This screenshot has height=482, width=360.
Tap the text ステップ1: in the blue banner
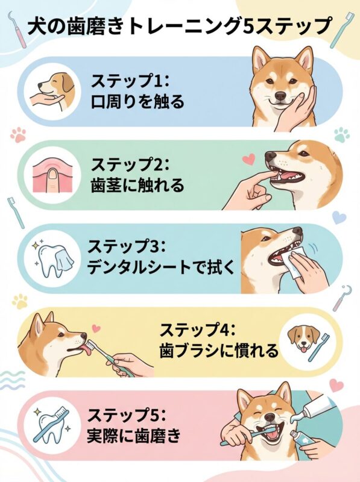pos(128,80)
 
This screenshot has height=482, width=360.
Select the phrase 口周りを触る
pos(137,101)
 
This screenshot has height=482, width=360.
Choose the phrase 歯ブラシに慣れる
pos(219,350)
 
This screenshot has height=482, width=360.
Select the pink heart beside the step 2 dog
pos(246,160)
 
